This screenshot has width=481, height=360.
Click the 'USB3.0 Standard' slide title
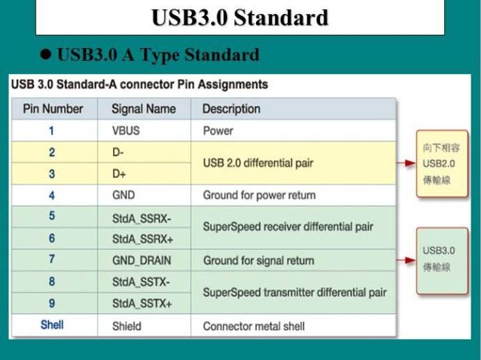point(240,17)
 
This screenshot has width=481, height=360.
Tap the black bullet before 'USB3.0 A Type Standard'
point(45,54)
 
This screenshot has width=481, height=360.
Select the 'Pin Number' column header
point(53,109)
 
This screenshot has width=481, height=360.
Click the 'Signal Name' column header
point(144,109)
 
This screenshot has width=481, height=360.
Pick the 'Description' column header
point(231,109)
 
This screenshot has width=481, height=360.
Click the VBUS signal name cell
point(125,130)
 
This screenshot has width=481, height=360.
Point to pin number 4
point(52,195)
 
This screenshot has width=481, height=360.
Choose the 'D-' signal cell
point(118,152)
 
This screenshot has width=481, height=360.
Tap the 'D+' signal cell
point(119,174)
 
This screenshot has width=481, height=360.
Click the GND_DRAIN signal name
point(142,260)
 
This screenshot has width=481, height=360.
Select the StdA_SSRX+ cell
point(143,239)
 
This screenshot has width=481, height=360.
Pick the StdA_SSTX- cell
point(141,282)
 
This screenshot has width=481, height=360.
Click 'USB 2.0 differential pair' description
point(258,163)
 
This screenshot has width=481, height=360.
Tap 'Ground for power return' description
point(259,195)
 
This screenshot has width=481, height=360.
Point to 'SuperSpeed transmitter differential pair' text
point(294,292)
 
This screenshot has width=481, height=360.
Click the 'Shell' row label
point(52,324)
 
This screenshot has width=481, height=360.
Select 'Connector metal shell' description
point(254,327)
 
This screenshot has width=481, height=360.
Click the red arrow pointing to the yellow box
point(406,163)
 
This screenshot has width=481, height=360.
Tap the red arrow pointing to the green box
point(406,260)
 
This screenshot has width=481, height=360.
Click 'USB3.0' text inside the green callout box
point(438,250)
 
